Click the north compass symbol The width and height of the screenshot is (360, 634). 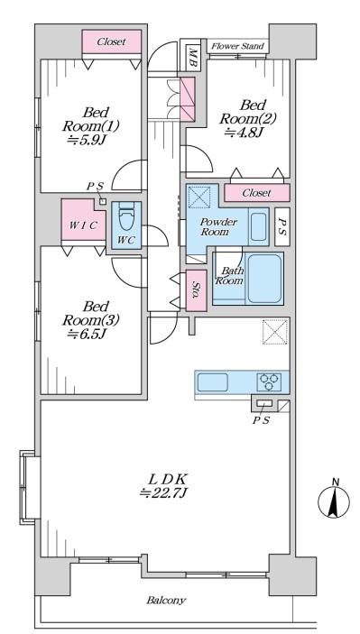coord(333,500)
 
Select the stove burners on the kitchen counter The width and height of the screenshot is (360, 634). coord(270,381)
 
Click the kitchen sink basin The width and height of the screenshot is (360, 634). coord(212,382)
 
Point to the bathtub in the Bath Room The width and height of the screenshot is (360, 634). coord(264,278)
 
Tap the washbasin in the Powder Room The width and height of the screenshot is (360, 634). coord(259,226)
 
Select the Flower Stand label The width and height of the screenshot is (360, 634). coord(238,46)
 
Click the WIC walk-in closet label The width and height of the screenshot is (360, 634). coord(82,225)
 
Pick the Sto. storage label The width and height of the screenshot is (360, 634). coord(196,290)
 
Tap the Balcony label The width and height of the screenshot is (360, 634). coord(166,600)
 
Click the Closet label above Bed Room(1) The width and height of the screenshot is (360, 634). coord(111,41)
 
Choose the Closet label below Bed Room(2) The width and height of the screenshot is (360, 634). coord(256,193)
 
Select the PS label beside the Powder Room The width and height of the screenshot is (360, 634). coord(282,227)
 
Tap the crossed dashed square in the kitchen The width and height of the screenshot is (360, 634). coord(275,332)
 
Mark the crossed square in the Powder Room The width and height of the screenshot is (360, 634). coord(199,196)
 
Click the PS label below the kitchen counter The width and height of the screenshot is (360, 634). coord(261,420)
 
